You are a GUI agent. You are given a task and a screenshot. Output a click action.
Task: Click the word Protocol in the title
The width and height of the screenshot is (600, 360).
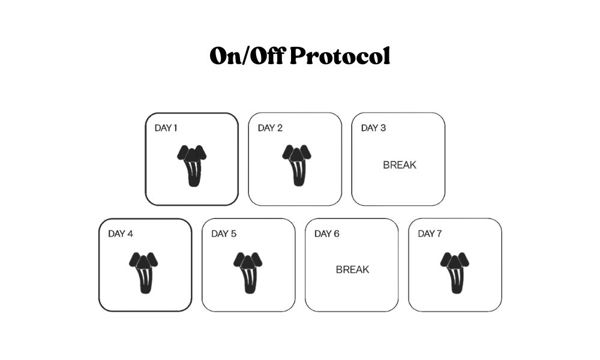point(340,56)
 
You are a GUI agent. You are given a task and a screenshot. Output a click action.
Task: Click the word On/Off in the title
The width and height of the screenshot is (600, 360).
point(247,56)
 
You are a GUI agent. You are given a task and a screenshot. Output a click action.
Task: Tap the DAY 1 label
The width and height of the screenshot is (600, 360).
point(166,128)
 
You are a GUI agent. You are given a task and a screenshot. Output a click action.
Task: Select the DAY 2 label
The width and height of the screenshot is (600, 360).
point(270,128)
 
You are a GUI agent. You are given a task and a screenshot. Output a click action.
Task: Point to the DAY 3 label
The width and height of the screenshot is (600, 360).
point(373,128)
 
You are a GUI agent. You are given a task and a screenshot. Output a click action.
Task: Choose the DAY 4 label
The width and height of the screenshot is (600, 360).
point(121,234)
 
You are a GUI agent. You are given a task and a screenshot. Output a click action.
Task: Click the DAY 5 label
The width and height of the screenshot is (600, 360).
point(224,234)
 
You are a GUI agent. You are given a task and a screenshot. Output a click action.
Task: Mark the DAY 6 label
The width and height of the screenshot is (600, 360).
point(327,234)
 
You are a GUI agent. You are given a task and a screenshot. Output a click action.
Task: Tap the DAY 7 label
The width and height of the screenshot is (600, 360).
point(430,234)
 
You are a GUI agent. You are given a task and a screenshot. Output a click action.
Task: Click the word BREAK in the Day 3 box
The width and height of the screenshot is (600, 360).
point(400,165)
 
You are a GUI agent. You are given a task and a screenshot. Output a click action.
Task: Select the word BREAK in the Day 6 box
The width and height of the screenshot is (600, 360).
point(352,270)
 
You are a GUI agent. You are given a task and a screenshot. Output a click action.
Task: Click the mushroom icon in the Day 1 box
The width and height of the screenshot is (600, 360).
point(192,166)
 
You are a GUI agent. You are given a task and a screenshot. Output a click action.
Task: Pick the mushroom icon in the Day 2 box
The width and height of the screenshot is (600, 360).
point(296,165)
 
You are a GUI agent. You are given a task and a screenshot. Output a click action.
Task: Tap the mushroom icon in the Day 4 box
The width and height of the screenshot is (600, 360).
point(143,273)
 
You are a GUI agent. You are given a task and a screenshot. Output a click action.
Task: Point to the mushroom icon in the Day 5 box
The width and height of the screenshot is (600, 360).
point(248,273)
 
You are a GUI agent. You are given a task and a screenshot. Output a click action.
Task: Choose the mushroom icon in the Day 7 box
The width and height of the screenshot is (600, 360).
point(455,273)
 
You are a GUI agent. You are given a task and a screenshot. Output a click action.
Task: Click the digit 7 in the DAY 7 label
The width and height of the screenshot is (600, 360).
point(439,234)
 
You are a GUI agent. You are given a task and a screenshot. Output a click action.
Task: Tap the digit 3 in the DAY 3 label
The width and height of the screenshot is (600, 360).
point(383,128)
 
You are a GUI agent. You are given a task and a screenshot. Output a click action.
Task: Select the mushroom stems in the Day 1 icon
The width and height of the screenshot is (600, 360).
point(193,173)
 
